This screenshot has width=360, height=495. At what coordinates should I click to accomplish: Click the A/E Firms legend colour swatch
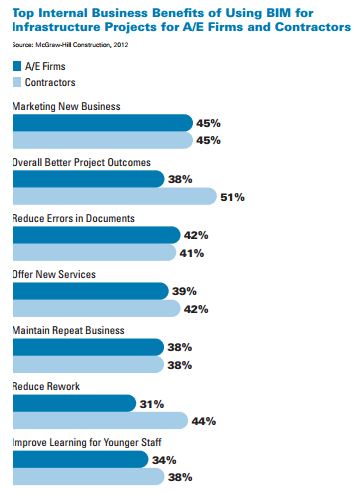[x=16, y=65]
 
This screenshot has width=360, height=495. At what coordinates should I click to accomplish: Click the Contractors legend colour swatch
[x=16, y=81]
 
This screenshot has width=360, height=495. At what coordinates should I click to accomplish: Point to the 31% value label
[x=153, y=404]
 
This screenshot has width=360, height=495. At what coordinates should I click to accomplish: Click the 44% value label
[x=203, y=421]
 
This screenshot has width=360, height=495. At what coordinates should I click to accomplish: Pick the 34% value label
[x=164, y=460]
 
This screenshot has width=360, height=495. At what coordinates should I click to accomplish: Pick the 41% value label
[x=192, y=253]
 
